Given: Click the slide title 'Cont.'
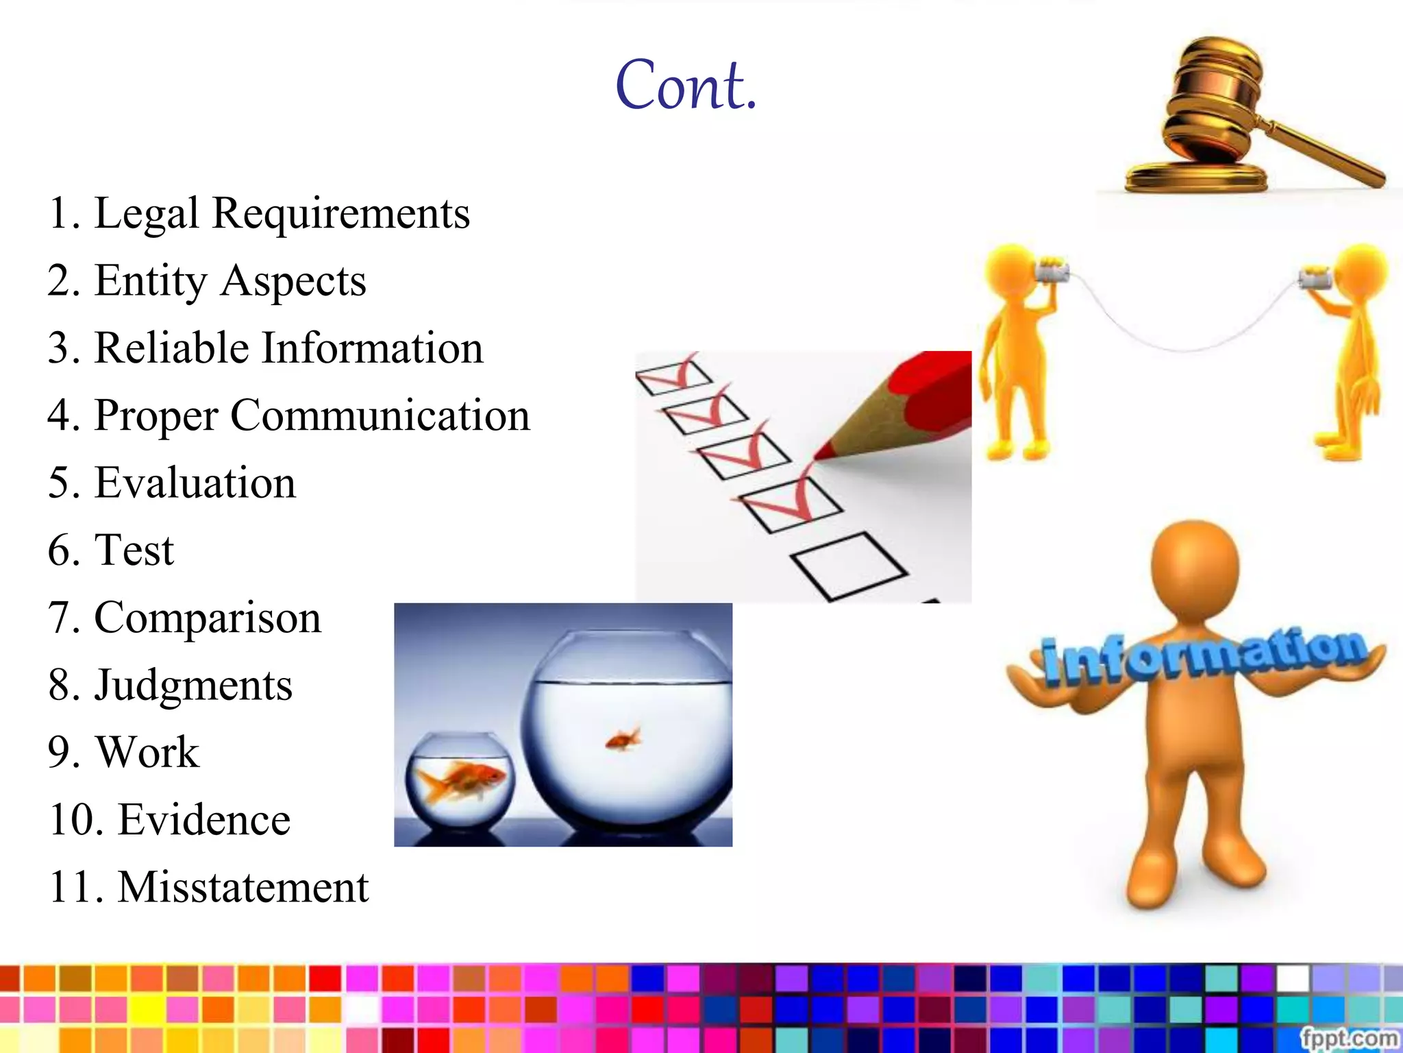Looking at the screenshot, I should tap(686, 86).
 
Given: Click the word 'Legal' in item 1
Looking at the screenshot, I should tap(147, 213).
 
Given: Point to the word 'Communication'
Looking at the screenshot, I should tap(380, 415).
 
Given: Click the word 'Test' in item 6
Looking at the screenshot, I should tap(134, 550).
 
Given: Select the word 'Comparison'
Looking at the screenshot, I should tap(207, 618).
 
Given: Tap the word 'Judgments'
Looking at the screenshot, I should tap(193, 685).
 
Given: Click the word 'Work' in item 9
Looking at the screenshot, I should tap(148, 752).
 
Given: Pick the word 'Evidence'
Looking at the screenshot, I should tap(204, 819).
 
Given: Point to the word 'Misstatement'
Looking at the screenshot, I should tap(243, 887).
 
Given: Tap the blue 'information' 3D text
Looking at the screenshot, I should tap(1202, 655).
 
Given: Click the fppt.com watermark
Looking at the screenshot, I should tap(1348, 1038).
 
